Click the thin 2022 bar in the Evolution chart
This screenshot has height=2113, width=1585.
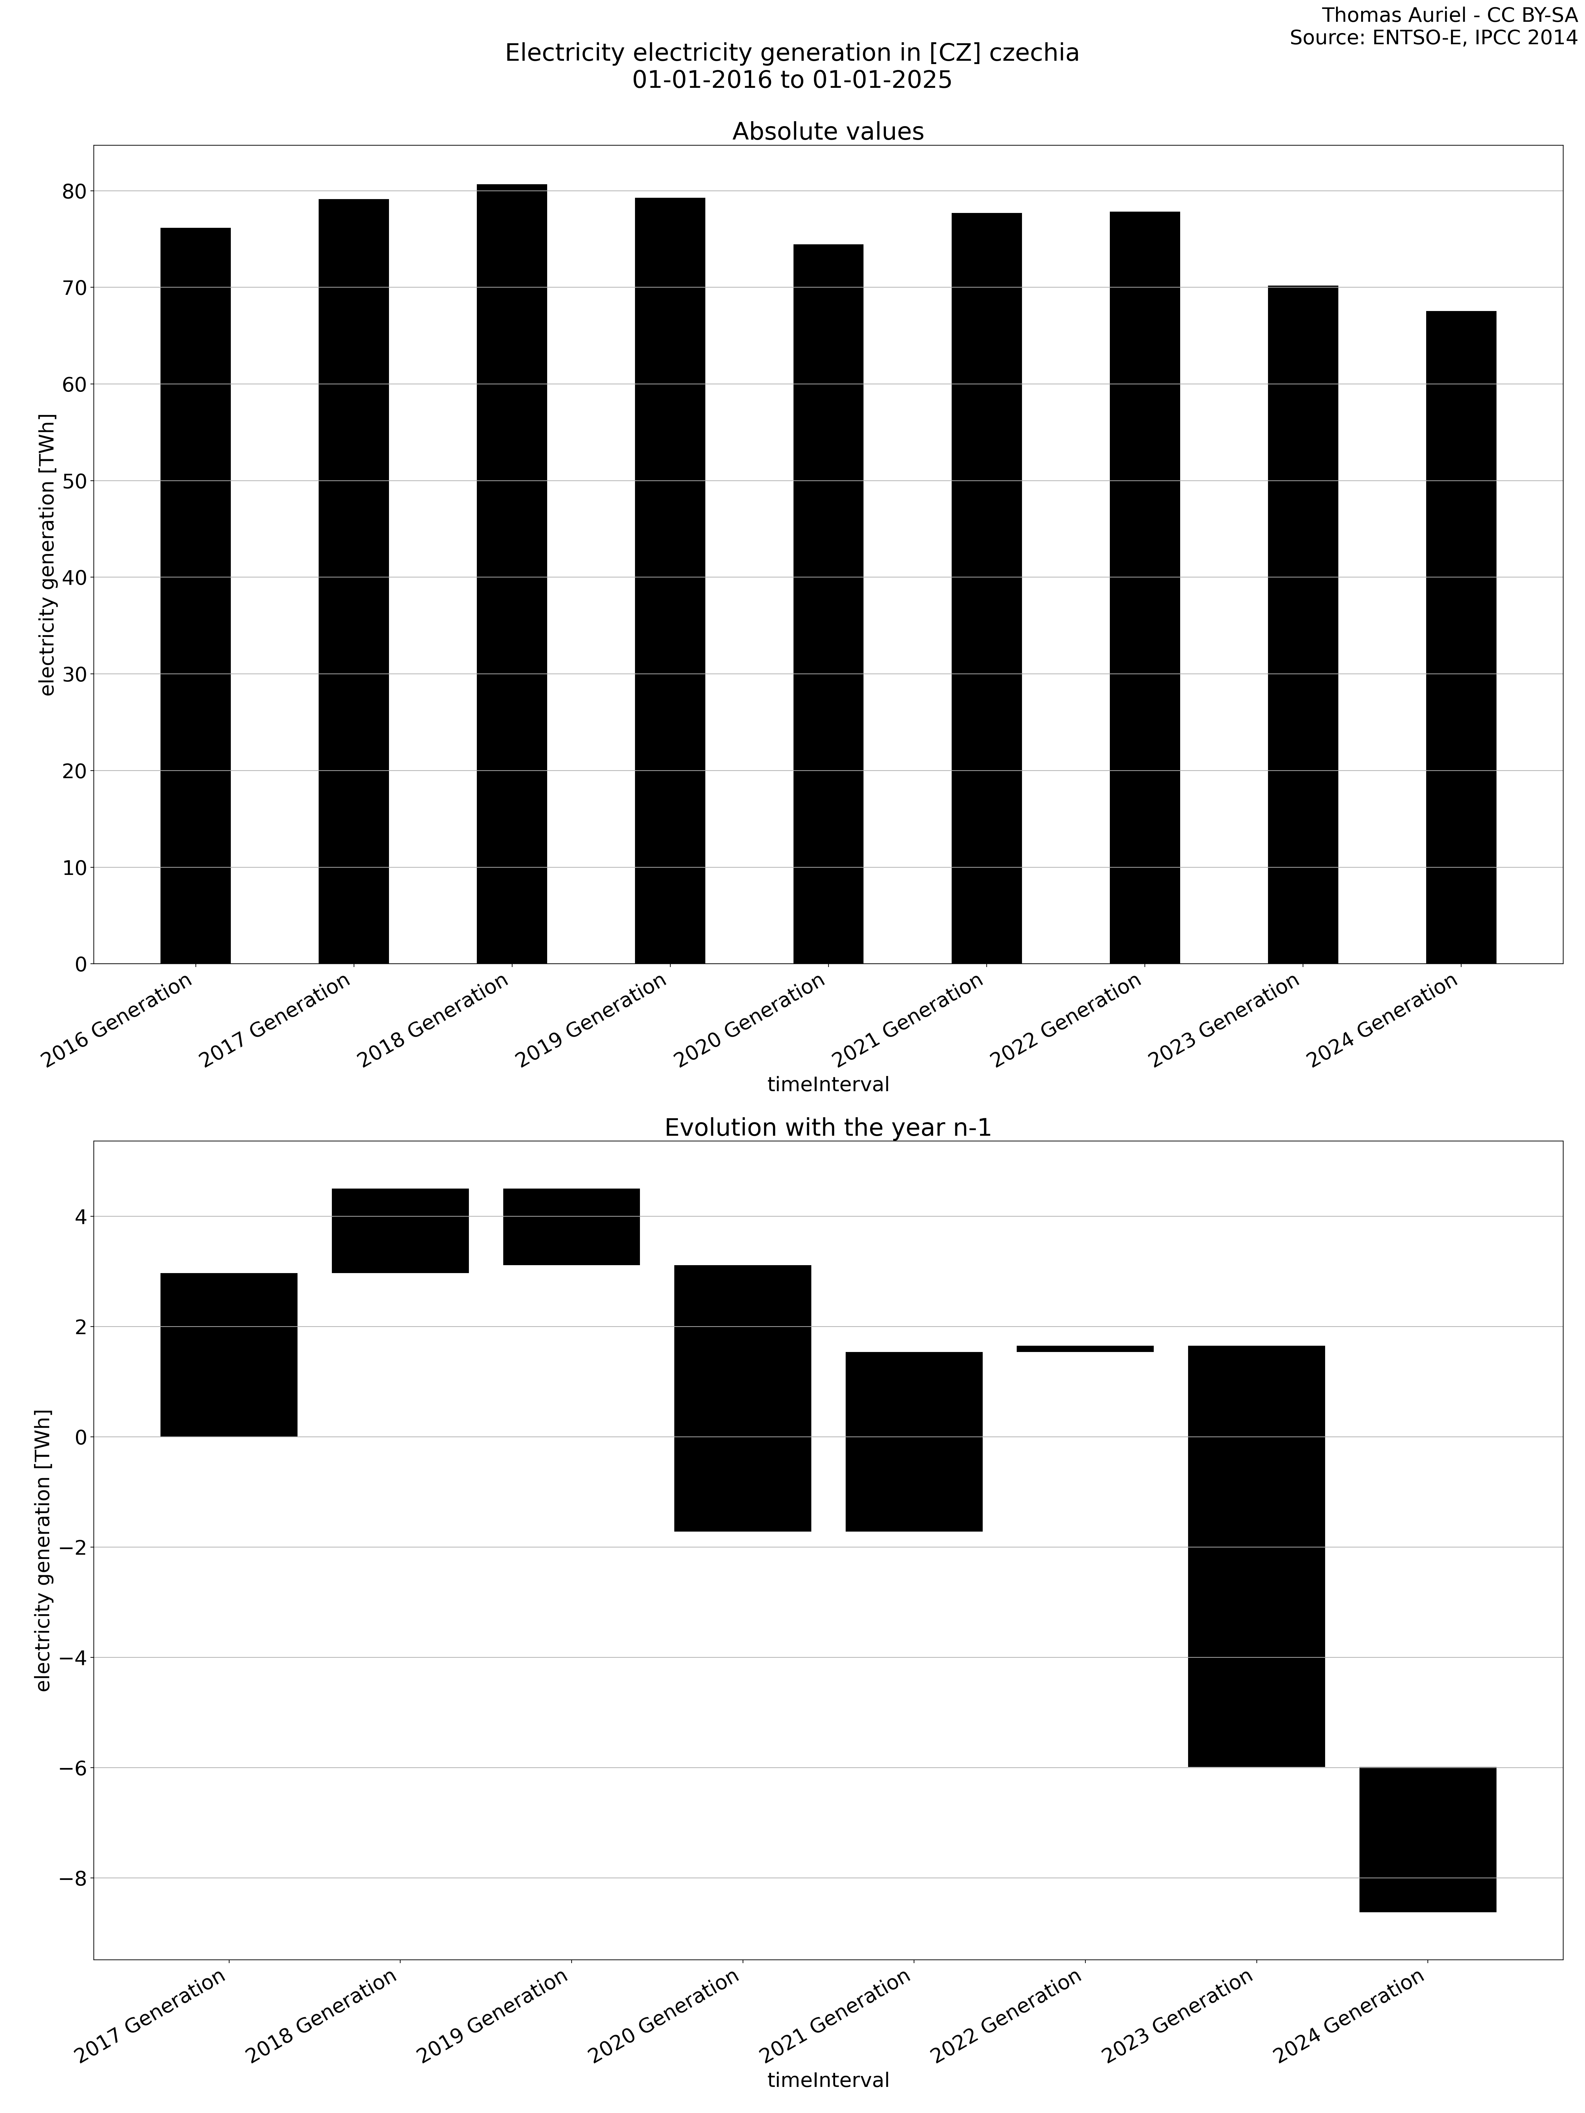click(x=1084, y=1348)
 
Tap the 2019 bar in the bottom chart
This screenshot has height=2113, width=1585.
click(x=571, y=1227)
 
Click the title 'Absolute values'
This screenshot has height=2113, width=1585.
click(x=828, y=132)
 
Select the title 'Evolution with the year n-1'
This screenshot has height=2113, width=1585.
click(x=828, y=1127)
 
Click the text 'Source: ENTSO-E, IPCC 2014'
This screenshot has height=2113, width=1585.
click(x=1433, y=38)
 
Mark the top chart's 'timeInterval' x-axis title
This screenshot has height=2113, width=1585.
click(x=828, y=1084)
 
